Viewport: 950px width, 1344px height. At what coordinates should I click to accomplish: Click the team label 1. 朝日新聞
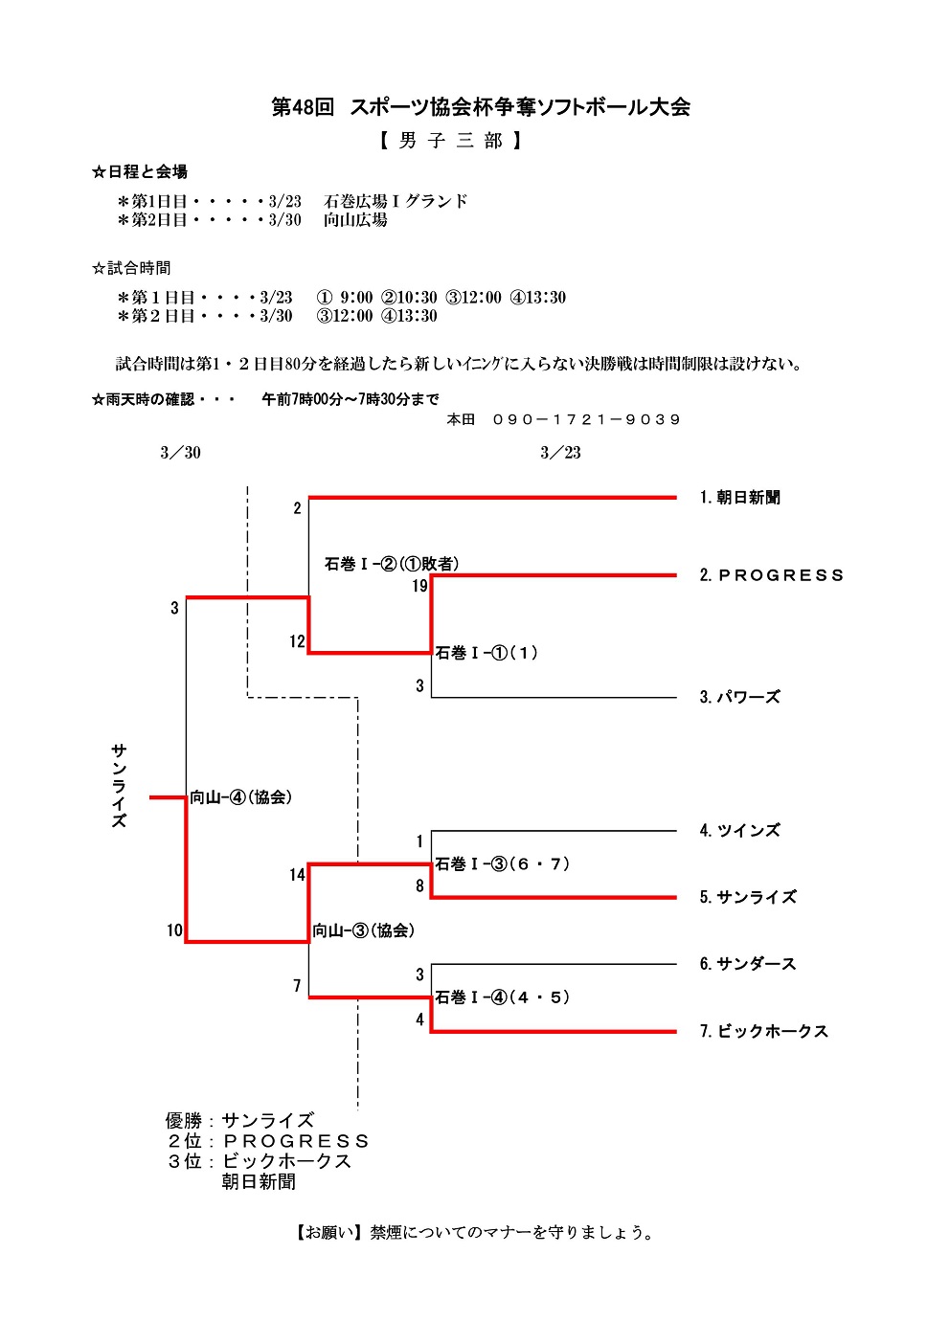739,498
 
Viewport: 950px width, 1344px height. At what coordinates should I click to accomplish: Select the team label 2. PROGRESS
771,575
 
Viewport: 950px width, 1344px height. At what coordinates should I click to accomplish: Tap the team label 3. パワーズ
739,697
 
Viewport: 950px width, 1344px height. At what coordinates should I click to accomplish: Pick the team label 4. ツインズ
739,831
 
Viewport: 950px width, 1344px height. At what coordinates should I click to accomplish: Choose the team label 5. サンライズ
748,897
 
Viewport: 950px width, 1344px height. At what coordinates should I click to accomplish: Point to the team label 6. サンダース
748,964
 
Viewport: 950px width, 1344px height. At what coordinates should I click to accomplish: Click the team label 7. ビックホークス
763,1031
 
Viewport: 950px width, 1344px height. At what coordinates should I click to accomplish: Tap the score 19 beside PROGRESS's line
419,586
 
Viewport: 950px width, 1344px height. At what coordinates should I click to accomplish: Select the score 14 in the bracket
297,875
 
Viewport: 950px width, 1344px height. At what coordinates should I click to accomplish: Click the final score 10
174,930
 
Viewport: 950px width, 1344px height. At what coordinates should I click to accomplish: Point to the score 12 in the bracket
297,641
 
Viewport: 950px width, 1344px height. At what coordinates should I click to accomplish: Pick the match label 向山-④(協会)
241,797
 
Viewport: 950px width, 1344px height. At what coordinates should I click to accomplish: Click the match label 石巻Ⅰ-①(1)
486,653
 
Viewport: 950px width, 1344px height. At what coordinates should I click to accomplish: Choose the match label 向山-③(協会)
364,930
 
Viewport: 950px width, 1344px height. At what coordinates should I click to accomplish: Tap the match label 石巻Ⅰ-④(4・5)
503,997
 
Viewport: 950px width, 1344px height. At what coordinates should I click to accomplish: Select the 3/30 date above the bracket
180,453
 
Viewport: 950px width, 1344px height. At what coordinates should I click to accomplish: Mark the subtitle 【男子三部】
450,142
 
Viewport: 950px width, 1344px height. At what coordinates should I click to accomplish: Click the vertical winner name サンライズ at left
119,785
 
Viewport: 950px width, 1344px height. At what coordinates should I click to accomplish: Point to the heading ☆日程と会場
140,172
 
